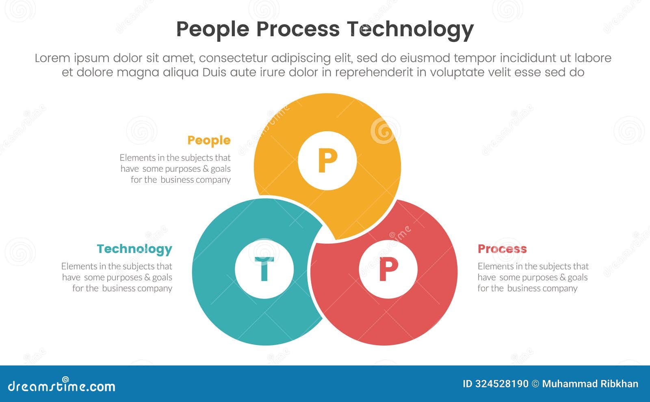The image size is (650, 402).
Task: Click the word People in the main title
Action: [212, 29]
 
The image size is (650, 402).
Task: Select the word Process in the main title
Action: [298, 29]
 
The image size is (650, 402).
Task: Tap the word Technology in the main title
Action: [410, 29]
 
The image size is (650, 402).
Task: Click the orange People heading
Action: [209, 140]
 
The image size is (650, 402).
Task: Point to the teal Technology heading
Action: [134, 249]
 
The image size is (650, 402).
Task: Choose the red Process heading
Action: [502, 249]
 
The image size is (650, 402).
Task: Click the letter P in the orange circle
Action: [327, 161]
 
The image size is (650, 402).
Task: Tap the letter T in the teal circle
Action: [264, 269]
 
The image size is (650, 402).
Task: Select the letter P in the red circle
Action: [388, 269]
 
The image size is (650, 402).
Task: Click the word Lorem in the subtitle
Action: [52, 58]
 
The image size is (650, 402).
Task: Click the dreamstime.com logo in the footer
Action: [62, 386]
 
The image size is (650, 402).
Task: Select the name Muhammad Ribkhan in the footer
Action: [590, 384]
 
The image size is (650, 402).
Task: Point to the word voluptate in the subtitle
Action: [459, 73]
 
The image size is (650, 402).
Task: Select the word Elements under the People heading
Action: [138, 158]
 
